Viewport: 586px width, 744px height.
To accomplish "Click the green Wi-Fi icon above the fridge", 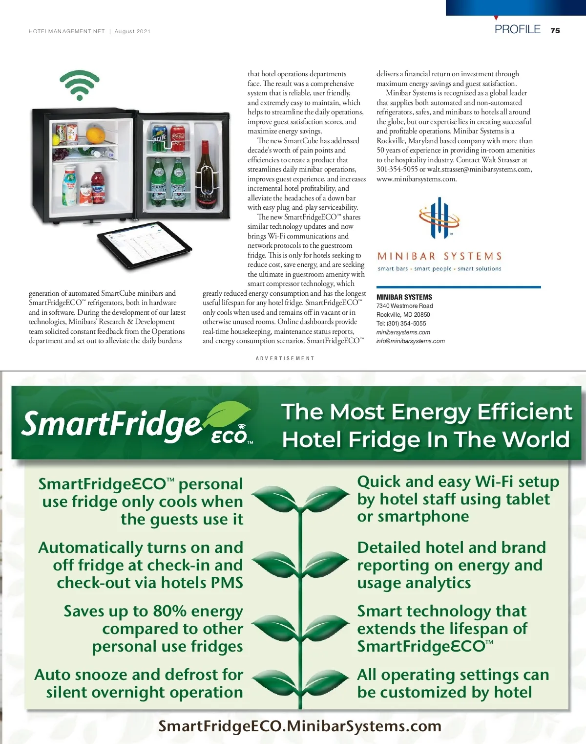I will [x=79, y=85].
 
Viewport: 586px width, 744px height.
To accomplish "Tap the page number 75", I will [x=555, y=31].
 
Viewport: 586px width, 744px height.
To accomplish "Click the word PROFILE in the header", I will [x=517, y=30].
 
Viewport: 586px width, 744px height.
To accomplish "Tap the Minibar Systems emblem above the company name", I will [x=439, y=218].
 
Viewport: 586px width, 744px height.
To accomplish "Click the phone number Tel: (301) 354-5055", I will [x=401, y=324].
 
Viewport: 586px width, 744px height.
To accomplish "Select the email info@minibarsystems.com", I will [x=410, y=341].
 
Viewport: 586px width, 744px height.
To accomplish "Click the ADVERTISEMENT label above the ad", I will [x=285, y=358].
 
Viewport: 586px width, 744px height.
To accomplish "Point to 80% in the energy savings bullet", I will [x=169, y=611].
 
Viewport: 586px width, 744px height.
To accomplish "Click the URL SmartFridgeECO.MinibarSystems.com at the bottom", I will [x=300, y=726].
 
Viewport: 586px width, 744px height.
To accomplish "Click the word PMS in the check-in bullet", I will [x=224, y=583].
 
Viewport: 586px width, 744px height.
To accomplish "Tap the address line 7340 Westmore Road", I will [x=404, y=306].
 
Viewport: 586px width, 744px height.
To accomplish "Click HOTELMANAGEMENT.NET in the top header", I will [x=67, y=31].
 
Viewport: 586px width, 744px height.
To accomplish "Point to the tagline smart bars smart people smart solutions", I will [x=439, y=269].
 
